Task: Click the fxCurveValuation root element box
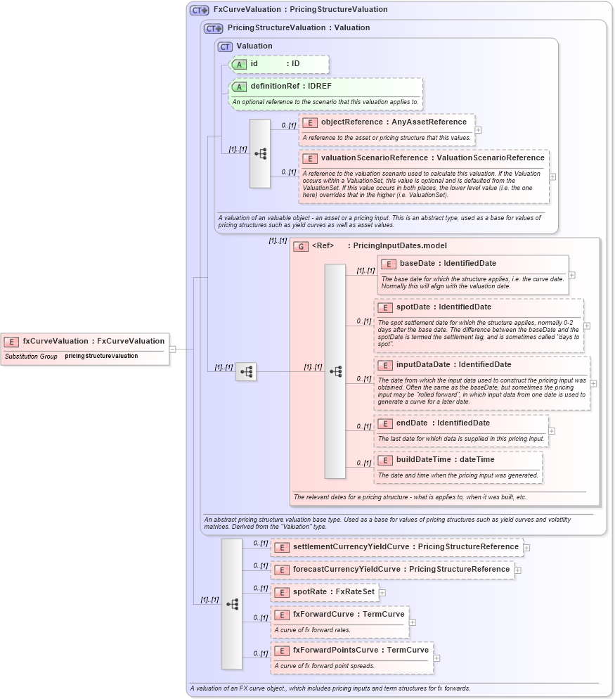(x=85, y=342)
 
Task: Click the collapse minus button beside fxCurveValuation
(x=172, y=348)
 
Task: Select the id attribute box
(x=279, y=64)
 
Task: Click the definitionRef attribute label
(x=291, y=86)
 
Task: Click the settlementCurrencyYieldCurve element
(x=397, y=547)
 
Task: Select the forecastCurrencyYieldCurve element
(x=392, y=570)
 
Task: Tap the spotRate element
(x=324, y=592)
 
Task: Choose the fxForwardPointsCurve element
(x=351, y=650)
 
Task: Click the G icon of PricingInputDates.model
(x=301, y=246)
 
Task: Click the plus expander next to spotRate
(x=382, y=593)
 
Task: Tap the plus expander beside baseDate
(x=571, y=275)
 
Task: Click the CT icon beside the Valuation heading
(x=225, y=46)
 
